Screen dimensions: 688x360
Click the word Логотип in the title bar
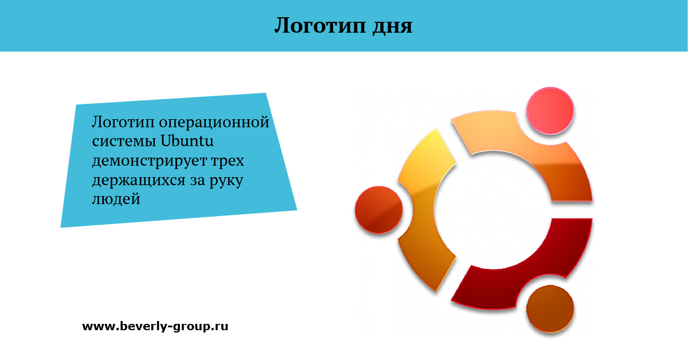[x=320, y=25]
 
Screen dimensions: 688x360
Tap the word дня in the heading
[x=392, y=26]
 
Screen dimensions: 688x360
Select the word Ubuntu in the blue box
[x=187, y=141]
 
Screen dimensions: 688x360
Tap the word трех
[x=228, y=161]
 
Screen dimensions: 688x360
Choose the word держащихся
[x=139, y=181]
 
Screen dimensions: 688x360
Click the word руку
[x=226, y=181]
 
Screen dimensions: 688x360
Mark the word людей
[x=116, y=199]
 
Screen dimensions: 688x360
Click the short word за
[x=197, y=181]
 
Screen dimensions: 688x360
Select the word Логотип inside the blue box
[x=123, y=123]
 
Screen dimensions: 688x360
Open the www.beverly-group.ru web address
[x=155, y=326]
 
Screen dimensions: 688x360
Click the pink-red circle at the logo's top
[x=550, y=111]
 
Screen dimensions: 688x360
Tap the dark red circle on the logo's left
[x=379, y=210]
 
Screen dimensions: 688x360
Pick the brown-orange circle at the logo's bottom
[x=550, y=309]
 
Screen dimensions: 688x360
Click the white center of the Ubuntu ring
[x=493, y=210]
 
